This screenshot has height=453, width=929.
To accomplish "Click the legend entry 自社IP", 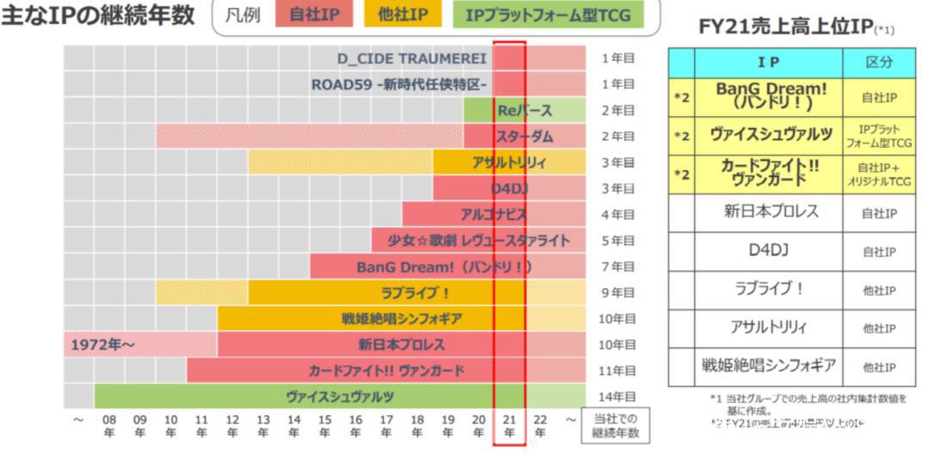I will click(314, 15).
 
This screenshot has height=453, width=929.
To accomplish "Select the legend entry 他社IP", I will click(404, 15).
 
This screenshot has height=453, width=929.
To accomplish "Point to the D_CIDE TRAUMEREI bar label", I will click(412, 58).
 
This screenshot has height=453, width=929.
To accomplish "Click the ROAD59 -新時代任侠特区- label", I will click(399, 84).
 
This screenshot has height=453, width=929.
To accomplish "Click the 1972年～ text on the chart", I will click(103, 345).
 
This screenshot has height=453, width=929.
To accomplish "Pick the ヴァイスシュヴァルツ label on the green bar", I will click(340, 396).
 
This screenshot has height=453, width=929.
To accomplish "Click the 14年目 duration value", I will click(618, 396).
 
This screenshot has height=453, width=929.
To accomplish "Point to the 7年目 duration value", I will click(618, 266).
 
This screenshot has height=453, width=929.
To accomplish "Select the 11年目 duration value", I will click(618, 370).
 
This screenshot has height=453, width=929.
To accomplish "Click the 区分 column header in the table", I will click(878, 63).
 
